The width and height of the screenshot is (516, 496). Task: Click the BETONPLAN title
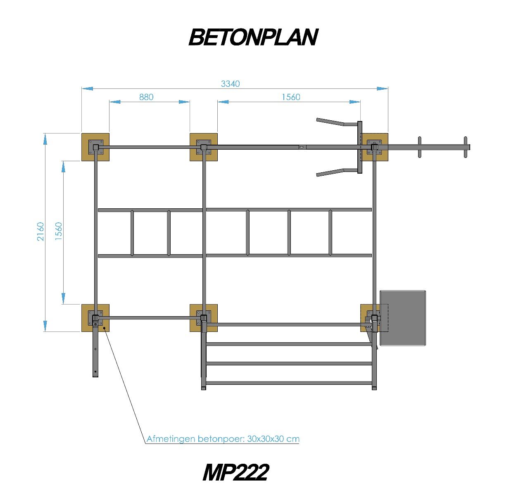click(253, 37)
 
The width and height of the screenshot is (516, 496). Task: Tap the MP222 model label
click(235, 472)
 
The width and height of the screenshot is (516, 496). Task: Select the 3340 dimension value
click(230, 84)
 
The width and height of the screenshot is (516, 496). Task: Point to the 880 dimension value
click(146, 97)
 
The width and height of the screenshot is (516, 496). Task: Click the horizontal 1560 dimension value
click(291, 97)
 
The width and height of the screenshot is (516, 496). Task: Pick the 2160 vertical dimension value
click(40, 231)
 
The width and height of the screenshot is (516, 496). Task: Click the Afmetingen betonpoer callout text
click(223, 439)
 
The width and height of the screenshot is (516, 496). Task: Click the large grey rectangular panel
click(403, 317)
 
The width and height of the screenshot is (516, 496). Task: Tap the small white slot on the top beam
click(302, 147)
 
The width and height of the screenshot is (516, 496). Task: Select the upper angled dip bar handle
click(330, 122)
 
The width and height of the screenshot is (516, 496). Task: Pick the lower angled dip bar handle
click(330, 172)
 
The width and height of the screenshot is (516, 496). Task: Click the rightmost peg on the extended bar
click(466, 147)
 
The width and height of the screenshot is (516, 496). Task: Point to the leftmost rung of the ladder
click(132, 233)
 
